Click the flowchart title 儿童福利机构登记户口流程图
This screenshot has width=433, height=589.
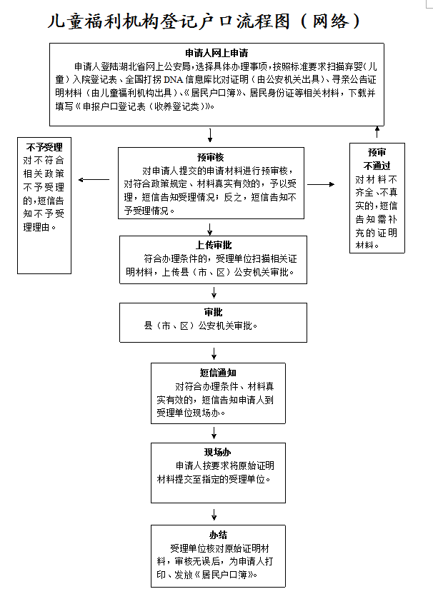[169, 21]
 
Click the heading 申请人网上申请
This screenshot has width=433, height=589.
[216, 53]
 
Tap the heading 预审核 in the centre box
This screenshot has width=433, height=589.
[211, 157]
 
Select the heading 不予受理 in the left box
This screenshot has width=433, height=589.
[44, 147]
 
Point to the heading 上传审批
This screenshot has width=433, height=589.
[214, 245]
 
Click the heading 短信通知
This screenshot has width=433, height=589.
[218, 373]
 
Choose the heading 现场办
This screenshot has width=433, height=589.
[218, 452]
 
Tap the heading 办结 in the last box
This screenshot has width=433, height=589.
[218, 535]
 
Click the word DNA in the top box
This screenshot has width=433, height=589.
[174, 80]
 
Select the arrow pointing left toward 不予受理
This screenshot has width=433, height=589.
[94, 179]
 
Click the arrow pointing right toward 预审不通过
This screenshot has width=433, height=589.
[321, 184]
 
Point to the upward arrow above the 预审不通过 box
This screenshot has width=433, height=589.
[377, 132]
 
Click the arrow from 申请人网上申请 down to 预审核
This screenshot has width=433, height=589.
[210, 135]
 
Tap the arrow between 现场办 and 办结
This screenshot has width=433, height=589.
[214, 515]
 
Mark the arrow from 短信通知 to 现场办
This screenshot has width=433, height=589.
[214, 433]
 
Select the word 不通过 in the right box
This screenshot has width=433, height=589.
[377, 166]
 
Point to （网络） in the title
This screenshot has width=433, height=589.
[331, 21]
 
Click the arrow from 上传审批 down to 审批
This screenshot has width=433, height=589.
[214, 293]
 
